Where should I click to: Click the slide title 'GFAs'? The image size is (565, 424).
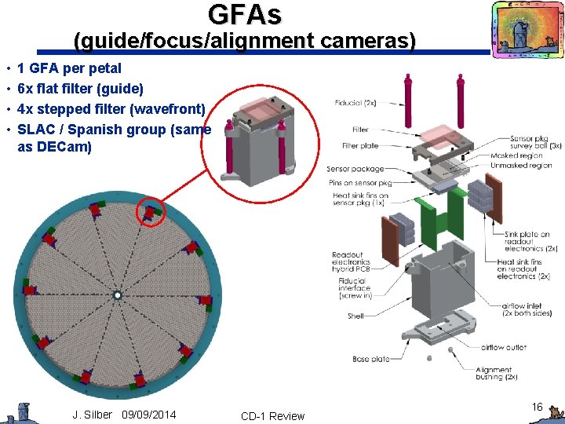[x=244, y=14]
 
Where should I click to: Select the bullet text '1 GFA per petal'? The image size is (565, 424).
[x=69, y=68]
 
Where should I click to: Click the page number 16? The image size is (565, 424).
[x=537, y=407]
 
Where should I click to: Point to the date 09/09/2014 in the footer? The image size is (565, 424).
[x=149, y=415]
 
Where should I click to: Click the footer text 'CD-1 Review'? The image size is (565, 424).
[x=272, y=416]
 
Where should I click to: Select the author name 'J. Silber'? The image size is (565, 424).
[x=93, y=415]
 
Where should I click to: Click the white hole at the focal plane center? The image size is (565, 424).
[x=116, y=295]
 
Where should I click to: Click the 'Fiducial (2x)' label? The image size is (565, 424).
[x=355, y=103]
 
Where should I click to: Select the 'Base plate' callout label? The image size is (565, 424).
[x=371, y=359]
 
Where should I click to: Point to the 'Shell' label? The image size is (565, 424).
[x=355, y=316]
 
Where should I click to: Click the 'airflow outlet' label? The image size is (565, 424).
[x=503, y=347]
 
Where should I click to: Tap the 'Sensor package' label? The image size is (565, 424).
[x=355, y=169]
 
